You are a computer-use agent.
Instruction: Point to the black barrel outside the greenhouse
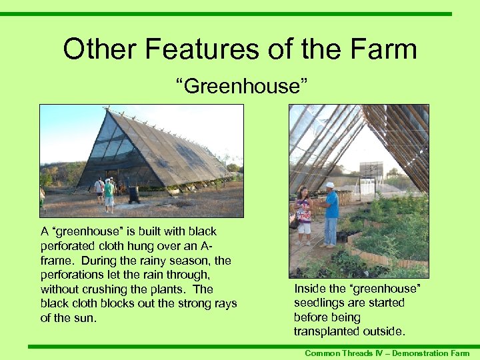(x=133, y=194)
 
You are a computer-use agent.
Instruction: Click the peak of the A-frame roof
(x=107, y=110)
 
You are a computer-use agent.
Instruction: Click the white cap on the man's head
(x=329, y=185)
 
